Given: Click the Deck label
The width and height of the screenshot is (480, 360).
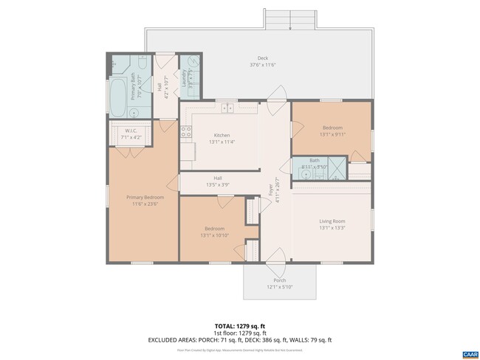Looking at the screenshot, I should [262, 58].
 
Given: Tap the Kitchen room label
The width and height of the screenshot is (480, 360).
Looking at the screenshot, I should [222, 135].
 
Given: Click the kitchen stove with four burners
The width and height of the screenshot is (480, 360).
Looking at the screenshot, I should [186, 134].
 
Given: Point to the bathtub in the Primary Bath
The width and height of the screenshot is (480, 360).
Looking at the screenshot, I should [119, 97].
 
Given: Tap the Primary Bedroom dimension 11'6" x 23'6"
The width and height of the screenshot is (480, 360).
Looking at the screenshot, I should [145, 204].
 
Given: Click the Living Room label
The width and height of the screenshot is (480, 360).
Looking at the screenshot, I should [332, 221].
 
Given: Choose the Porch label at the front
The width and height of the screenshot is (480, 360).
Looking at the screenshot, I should [280, 280].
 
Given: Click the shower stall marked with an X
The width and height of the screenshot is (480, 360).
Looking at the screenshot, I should [336, 168].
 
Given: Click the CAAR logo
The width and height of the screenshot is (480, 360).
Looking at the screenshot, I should [469, 355].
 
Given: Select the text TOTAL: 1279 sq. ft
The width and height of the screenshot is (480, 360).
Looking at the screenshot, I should [240, 325].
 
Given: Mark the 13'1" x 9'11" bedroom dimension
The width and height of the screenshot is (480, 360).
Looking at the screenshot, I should [332, 134].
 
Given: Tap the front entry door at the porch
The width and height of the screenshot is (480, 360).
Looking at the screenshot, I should [277, 259].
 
